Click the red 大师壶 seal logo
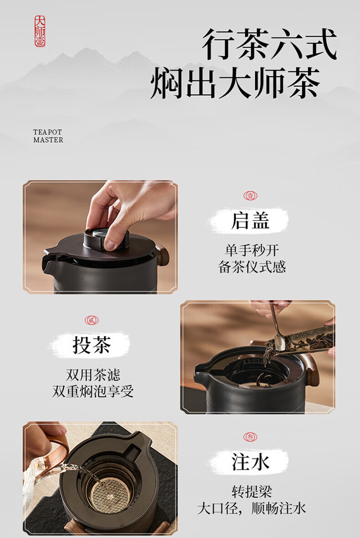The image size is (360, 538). [x=40, y=31]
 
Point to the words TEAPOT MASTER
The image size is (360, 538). [x=48, y=136]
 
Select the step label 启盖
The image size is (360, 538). [x=250, y=220]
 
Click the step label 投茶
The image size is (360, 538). [x=92, y=345]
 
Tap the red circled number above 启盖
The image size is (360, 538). [x=250, y=196]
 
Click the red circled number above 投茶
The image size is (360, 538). [x=92, y=321]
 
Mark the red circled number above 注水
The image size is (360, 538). [x=250, y=437]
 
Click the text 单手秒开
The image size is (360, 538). [x=252, y=250]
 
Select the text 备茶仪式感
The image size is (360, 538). [x=252, y=267]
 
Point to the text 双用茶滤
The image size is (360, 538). [x=93, y=375]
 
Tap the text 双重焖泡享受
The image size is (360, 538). [x=93, y=391]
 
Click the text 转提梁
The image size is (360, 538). [x=252, y=491]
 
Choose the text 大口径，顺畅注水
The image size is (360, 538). [x=252, y=508]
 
